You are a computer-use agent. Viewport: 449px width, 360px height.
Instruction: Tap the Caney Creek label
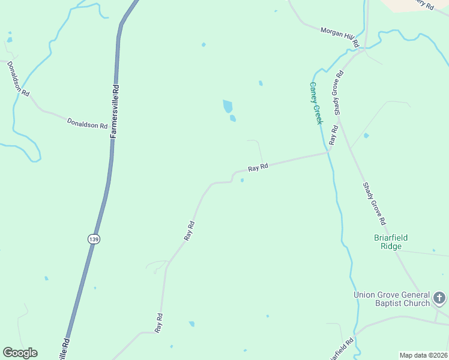[x=316, y=103]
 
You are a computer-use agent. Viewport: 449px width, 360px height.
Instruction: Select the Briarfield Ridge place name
[x=391, y=242]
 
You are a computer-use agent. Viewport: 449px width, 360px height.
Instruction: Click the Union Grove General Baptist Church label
[x=391, y=299]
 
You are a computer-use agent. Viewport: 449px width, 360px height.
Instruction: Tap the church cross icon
[x=439, y=298]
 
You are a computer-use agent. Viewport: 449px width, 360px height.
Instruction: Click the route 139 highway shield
[x=93, y=239]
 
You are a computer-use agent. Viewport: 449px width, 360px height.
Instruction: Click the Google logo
[x=20, y=353]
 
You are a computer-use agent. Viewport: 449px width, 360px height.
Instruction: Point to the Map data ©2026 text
[x=423, y=355]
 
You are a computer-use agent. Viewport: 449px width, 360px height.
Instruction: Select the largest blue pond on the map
[x=228, y=106]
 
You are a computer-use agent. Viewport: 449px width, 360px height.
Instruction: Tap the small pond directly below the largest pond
[x=232, y=118]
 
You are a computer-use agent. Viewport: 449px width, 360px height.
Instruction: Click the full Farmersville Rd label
[x=115, y=111]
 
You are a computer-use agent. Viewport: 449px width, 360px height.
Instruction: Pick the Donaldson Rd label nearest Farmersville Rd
[x=87, y=123]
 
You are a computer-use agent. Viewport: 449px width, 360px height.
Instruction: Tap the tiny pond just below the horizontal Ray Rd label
[x=242, y=180]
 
